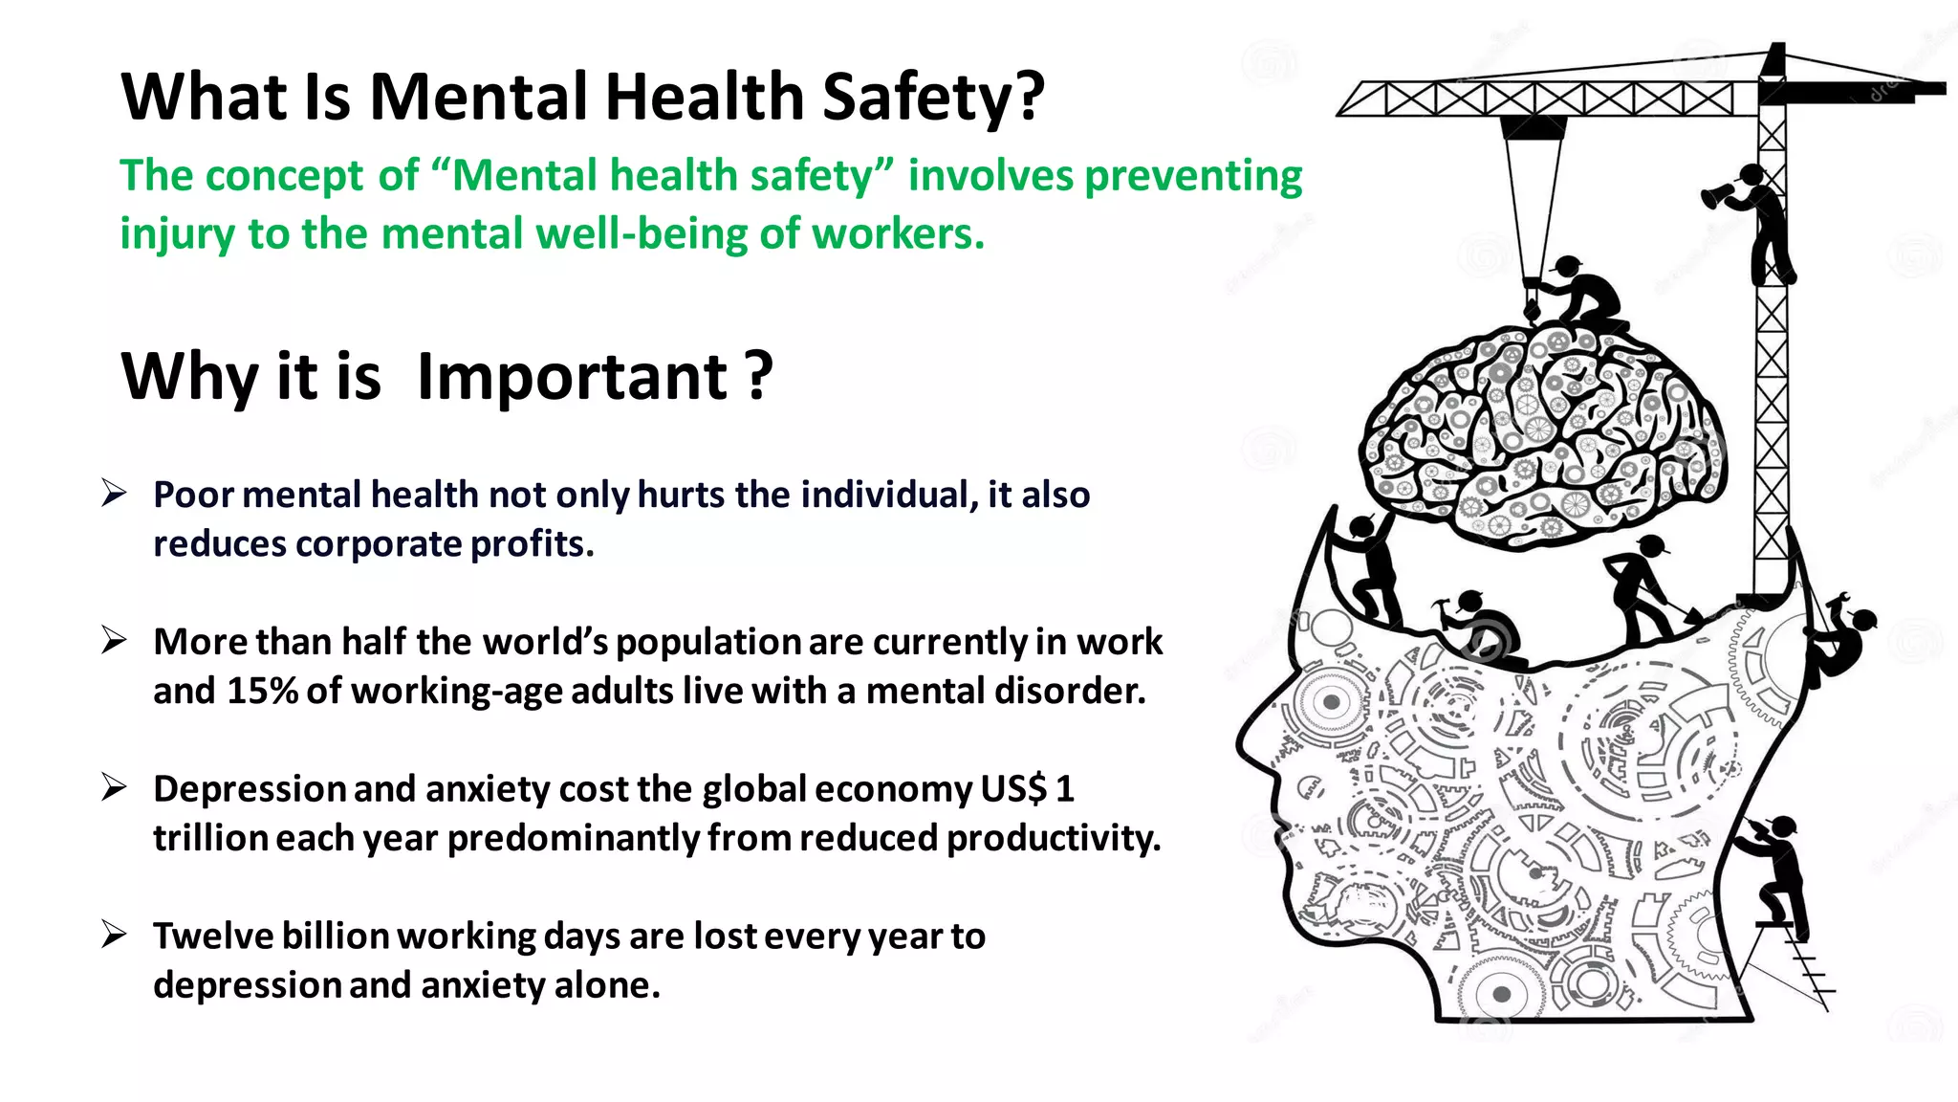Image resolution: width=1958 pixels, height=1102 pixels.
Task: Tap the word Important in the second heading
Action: click(573, 376)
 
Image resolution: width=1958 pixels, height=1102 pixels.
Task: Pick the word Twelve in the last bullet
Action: click(204, 936)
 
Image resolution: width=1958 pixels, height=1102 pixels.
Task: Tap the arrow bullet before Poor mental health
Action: click(114, 494)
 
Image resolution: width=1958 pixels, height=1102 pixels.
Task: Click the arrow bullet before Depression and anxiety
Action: click(114, 787)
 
